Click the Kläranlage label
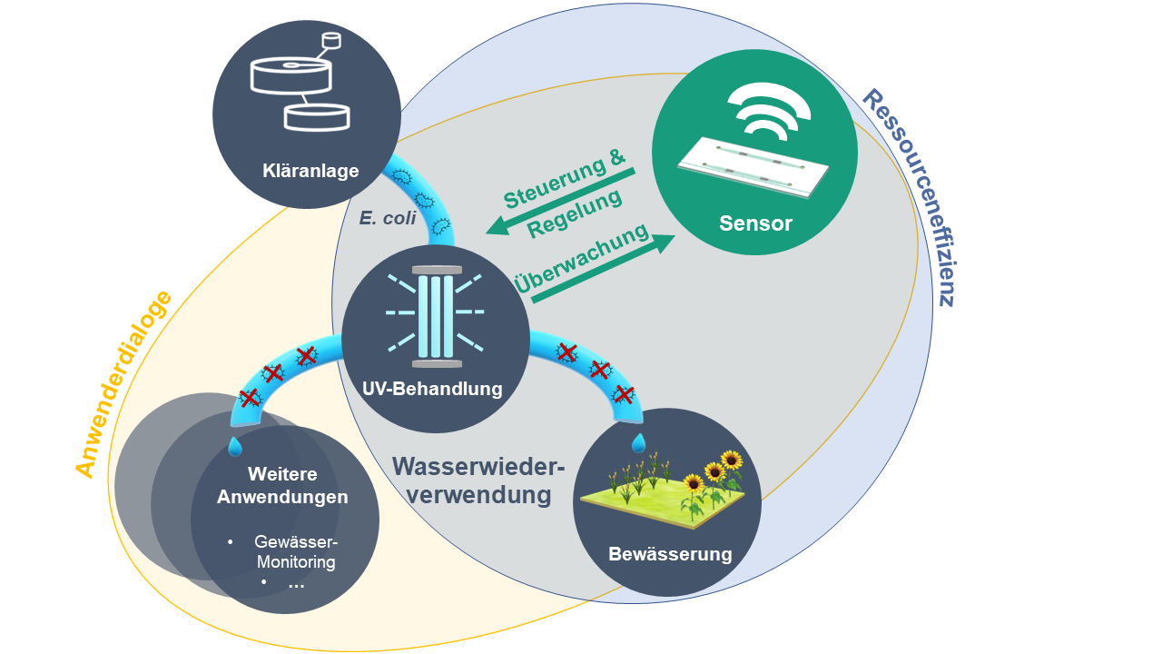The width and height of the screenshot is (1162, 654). tap(310, 171)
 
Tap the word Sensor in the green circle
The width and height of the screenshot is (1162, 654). tap(755, 223)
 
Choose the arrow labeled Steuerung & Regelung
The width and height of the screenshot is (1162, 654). tap(561, 201)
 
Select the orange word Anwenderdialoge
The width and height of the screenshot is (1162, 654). tap(123, 384)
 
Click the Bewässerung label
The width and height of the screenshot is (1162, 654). tap(670, 554)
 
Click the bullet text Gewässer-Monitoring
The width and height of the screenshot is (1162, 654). tap(295, 551)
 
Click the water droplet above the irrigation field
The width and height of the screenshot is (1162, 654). tap(639, 442)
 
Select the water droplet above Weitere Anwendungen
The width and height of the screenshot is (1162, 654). tap(235, 446)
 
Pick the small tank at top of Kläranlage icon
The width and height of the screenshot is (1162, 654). tap(331, 41)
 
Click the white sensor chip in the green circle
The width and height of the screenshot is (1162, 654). tap(754, 165)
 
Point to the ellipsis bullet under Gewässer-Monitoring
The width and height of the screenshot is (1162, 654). tap(296, 585)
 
